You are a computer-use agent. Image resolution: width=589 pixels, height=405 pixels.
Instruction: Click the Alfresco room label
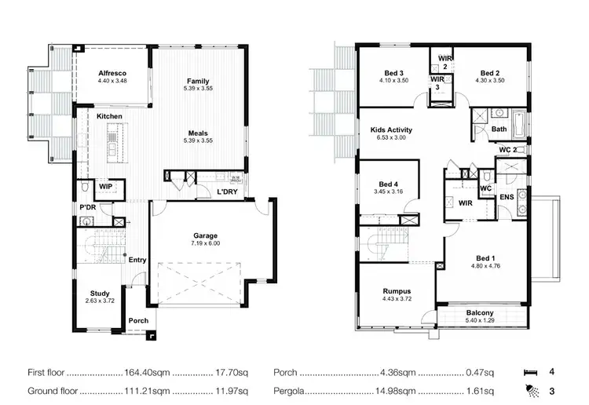pos(113,72)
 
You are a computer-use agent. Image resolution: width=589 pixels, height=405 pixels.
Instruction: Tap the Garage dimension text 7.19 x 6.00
pos(206,244)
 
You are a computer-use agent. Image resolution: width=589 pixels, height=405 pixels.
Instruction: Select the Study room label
pos(99,293)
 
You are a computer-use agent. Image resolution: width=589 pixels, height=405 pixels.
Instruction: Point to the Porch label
pos(139,320)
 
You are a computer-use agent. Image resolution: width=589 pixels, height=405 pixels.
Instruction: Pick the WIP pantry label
pos(104,188)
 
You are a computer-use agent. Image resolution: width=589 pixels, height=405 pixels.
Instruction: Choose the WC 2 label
pos(507,149)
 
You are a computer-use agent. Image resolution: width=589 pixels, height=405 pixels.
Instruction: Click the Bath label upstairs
pos(499,129)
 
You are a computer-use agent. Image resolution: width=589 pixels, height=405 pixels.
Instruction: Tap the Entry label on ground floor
pos(137,260)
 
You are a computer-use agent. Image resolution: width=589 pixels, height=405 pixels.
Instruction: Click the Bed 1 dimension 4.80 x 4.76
pos(485,265)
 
